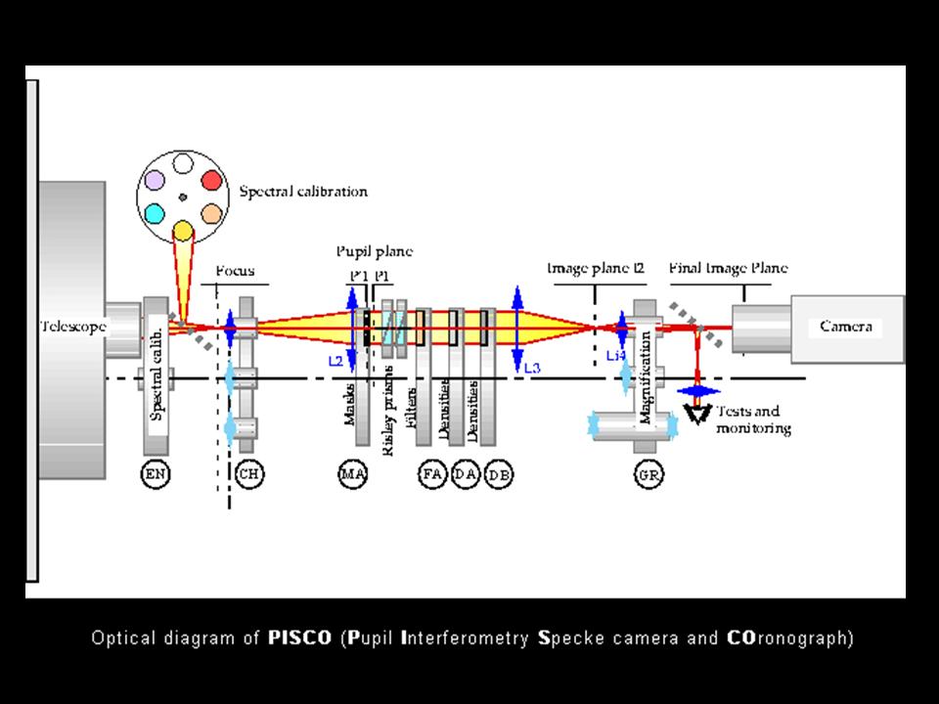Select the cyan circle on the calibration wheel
(154, 213)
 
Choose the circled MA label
(351, 474)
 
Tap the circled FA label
(432, 474)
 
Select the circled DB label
(499, 474)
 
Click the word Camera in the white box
(845, 328)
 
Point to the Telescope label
(72, 327)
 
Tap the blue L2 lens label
(335, 361)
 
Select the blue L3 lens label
(532, 368)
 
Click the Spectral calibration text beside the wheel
(303, 192)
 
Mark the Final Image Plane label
(728, 268)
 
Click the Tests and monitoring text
(752, 421)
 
